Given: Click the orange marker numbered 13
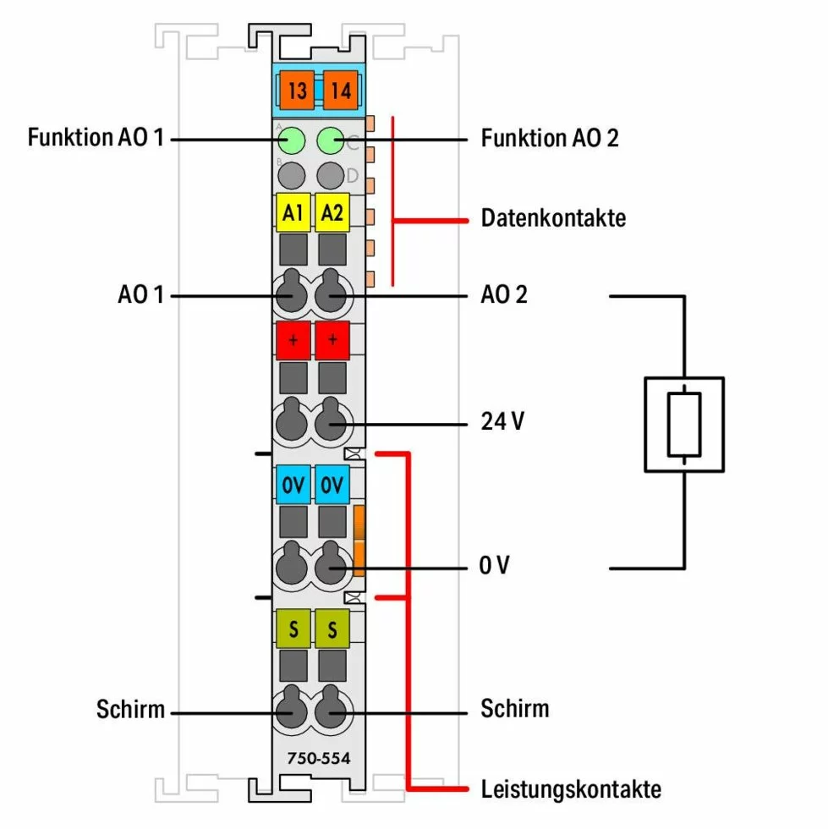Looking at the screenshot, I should (x=296, y=89).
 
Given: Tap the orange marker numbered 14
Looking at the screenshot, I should (x=340, y=89).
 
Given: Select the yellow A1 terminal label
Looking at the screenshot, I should (x=293, y=214).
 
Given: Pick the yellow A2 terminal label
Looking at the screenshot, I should (x=332, y=214).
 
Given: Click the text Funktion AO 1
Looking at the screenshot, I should (x=95, y=137).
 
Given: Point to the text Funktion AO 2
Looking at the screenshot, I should (x=550, y=137).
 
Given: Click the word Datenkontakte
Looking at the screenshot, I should (x=553, y=218).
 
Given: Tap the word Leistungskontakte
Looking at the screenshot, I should (x=570, y=790).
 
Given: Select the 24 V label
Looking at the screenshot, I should (x=502, y=420).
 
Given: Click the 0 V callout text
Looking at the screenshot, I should (x=495, y=566).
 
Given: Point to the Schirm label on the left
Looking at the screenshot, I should (x=130, y=709).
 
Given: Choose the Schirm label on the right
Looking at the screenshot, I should (x=514, y=707).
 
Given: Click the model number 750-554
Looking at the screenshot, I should (x=313, y=758).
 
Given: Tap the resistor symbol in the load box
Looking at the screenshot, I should (x=683, y=424).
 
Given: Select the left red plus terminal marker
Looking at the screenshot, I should (x=293, y=340).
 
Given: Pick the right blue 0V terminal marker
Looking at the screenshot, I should (x=332, y=487).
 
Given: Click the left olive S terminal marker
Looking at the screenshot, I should (x=293, y=629).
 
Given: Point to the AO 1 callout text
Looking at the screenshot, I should (x=141, y=296).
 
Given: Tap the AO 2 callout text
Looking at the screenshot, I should (x=504, y=295).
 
